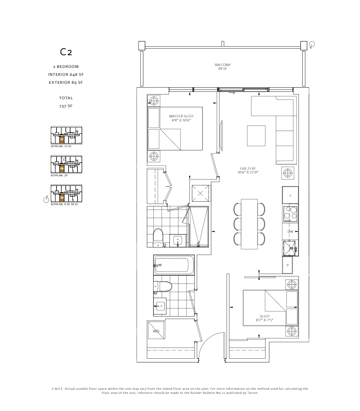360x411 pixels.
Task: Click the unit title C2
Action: [66, 52]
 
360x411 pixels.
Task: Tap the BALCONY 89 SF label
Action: [223, 67]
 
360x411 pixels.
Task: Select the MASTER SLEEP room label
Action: [181, 118]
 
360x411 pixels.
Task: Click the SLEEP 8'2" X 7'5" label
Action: [264, 318]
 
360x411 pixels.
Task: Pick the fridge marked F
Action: [290, 196]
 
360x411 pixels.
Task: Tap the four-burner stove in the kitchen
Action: [290, 213]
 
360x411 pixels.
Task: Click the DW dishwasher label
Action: [290, 232]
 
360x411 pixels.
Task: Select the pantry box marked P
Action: [288, 265]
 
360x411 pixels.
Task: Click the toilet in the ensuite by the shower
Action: [158, 237]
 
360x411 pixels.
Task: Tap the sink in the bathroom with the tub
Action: [160, 306]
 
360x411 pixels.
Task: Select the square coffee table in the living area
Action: [256, 136]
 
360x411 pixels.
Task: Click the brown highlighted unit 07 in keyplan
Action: [62, 139]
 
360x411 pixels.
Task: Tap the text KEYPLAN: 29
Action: [59, 175]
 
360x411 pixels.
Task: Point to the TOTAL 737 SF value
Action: [66, 106]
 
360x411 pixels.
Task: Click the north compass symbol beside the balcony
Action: [312, 44]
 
